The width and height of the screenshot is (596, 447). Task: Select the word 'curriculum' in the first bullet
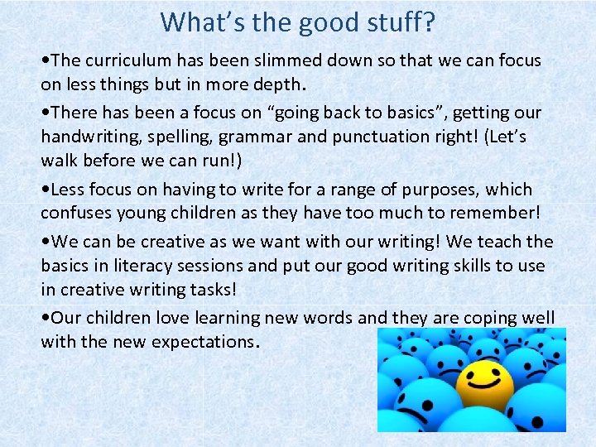(124, 60)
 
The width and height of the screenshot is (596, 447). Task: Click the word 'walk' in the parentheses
(60, 159)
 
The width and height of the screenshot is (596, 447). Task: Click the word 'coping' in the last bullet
(484, 319)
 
